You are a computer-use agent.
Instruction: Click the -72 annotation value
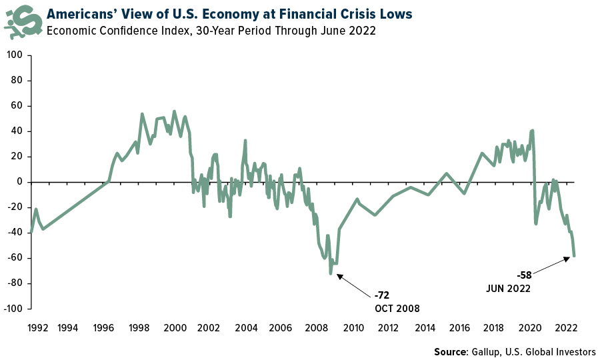(383, 295)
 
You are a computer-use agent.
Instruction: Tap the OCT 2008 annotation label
(398, 308)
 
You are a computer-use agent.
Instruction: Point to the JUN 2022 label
(509, 289)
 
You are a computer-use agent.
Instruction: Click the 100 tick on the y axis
(15, 55)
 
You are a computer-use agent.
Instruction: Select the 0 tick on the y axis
(19, 182)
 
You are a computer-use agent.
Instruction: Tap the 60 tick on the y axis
(17, 105)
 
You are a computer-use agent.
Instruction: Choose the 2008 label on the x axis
(317, 327)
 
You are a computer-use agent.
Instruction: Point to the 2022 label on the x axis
(567, 327)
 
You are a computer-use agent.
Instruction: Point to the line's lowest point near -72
(331, 273)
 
